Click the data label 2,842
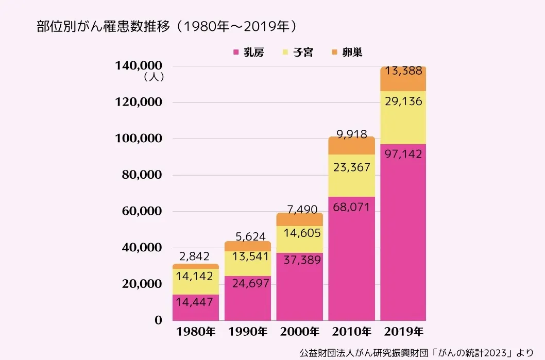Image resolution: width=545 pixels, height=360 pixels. [x=195, y=256]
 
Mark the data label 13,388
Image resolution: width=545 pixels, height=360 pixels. [x=403, y=72]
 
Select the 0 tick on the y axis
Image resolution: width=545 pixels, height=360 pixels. [x=159, y=320]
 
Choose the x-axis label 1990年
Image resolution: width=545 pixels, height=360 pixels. [x=247, y=331]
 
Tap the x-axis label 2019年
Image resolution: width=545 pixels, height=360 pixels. [x=403, y=331]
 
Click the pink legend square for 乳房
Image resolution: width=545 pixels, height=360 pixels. [x=236, y=53]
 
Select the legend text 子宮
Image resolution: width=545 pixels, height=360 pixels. [x=303, y=53]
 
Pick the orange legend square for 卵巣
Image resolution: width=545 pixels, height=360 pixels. [x=334, y=53]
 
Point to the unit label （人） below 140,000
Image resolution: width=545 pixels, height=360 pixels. [x=154, y=78]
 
